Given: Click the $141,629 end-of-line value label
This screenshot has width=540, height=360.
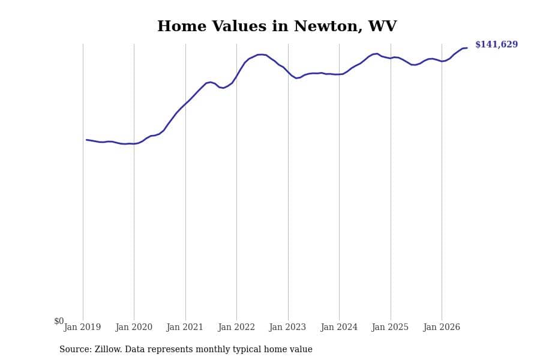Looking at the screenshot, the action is tap(496, 44).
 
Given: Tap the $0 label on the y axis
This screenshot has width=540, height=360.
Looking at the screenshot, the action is tap(59, 321).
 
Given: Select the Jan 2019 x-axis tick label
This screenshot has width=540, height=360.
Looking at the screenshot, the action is tap(82, 327).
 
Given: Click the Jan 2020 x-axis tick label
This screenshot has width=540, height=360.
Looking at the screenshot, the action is tap(134, 327).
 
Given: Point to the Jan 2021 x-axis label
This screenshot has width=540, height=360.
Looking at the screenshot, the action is tap(185, 327).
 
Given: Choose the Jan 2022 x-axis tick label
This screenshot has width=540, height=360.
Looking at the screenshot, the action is tap(236, 327).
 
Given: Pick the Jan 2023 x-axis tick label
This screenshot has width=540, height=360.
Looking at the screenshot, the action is tap(287, 327).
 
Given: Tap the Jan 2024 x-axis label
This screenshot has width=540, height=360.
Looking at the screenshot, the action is tap(339, 327).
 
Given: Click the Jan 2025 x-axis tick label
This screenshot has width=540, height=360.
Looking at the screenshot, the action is tap(390, 327).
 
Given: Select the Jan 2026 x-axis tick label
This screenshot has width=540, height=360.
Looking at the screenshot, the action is tap(442, 327).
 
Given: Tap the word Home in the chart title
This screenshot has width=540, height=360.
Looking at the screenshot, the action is tap(182, 26).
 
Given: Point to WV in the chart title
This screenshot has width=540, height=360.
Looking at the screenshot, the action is tap(382, 26).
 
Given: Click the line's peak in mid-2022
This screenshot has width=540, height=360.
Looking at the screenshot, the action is tap(262, 55).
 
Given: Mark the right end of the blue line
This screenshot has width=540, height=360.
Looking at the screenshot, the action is tap(467, 48).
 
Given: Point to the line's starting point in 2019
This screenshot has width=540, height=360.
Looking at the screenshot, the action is tap(86, 140).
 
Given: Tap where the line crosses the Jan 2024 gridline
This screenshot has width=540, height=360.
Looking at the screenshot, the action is tap(339, 74).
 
